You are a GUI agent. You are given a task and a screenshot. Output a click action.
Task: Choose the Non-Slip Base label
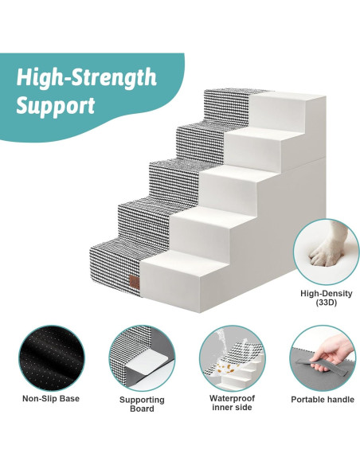pos(50,399)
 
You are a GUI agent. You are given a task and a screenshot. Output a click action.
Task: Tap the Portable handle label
pos(322,399)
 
